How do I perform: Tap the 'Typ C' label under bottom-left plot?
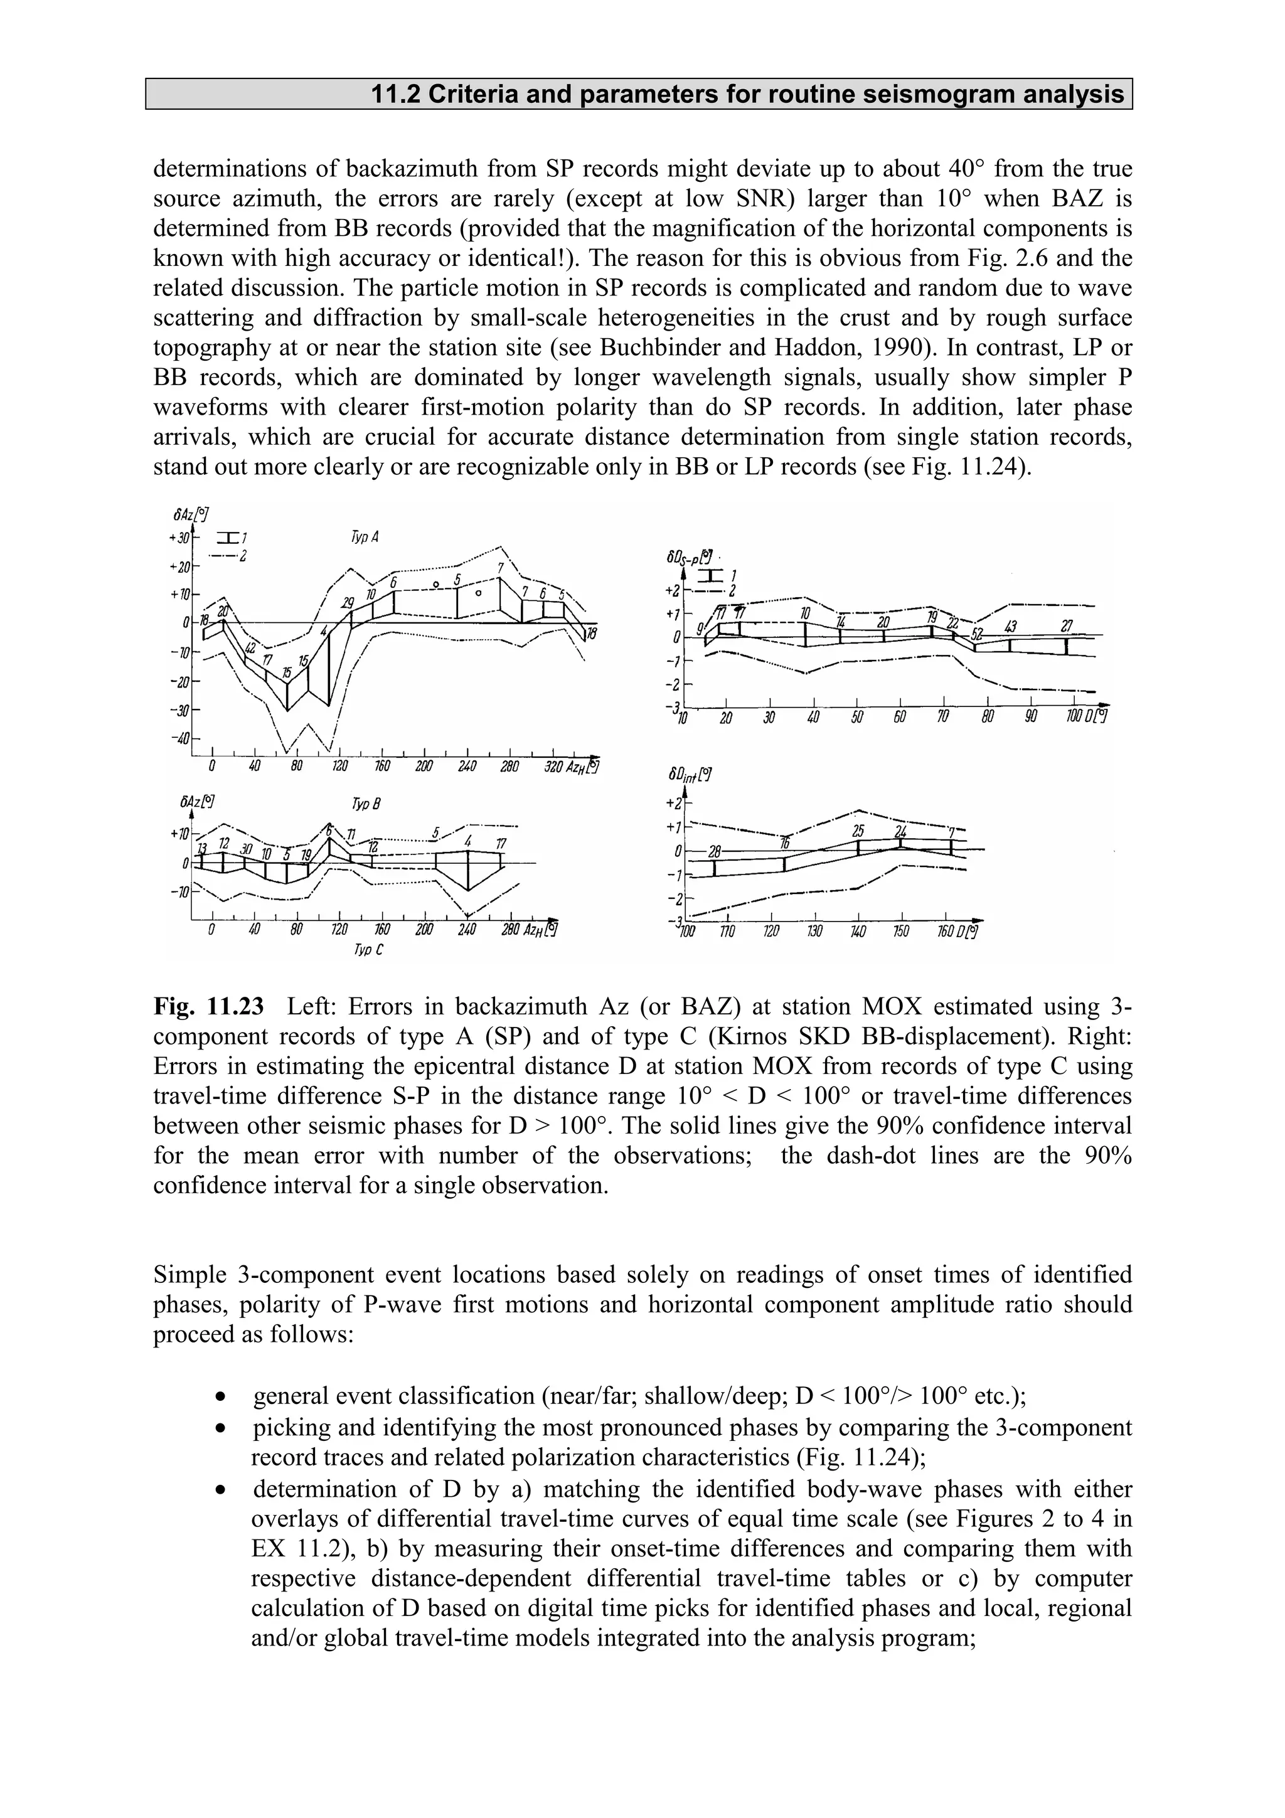point(369,949)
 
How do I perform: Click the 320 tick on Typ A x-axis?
point(553,767)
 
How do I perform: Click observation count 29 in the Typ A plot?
point(348,604)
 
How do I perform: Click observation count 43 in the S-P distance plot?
point(1010,627)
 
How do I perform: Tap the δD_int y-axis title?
point(686,773)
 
